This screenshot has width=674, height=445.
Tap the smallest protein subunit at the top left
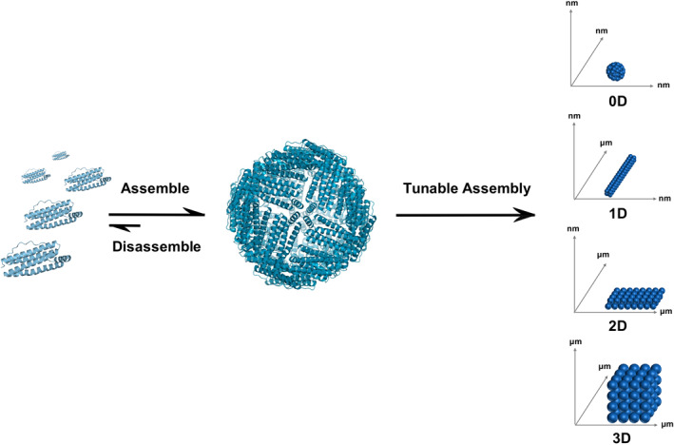[x=61, y=154]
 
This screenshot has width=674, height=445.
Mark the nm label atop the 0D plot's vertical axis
[x=572, y=8]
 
